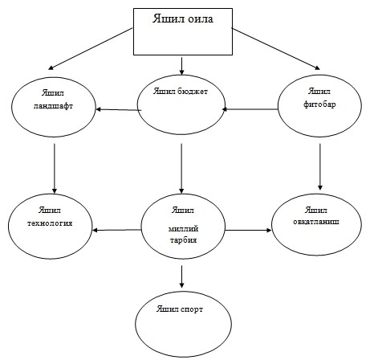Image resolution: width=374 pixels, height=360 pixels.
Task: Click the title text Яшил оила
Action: [x=183, y=18]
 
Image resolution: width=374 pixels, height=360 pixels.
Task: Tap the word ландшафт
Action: [x=53, y=106]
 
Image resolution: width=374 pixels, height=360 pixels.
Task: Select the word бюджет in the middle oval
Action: [x=193, y=92]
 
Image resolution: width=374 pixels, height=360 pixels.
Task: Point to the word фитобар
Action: [x=319, y=104]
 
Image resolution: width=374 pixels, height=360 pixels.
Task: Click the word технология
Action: [x=50, y=223]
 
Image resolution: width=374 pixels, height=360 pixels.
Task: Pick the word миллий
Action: [x=183, y=229]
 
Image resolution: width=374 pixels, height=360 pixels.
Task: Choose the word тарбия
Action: [x=183, y=239]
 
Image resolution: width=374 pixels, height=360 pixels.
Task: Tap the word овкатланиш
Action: [x=316, y=222]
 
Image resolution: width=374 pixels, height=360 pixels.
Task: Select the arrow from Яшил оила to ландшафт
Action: [x=91, y=49]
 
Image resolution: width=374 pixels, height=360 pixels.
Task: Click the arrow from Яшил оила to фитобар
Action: [x=276, y=49]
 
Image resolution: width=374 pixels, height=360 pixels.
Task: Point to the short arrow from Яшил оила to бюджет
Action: [x=181, y=66]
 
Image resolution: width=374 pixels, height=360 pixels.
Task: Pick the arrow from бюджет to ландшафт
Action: [x=119, y=109]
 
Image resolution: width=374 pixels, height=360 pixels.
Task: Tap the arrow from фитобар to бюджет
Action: [x=250, y=109]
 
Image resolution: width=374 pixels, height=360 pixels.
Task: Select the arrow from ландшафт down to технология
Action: [x=55, y=169]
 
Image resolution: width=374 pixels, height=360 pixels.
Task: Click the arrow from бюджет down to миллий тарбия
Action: [x=181, y=169]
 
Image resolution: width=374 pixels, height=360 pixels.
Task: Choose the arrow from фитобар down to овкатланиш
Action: [x=319, y=167]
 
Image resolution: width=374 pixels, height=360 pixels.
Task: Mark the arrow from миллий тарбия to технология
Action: [x=116, y=230]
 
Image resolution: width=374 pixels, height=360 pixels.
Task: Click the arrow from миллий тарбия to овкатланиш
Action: [x=248, y=230]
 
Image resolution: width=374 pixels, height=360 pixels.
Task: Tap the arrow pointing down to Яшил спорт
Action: [x=181, y=276]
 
